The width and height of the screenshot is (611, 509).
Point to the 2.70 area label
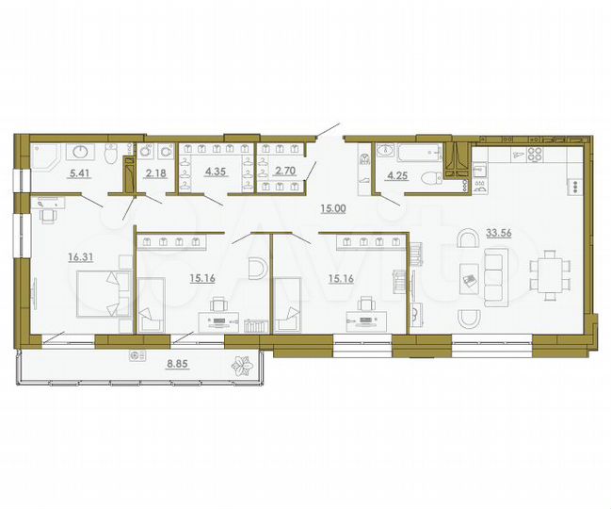coord(285,172)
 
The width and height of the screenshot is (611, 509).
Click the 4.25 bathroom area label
coord(394,172)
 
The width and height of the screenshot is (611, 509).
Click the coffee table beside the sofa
coord(470,278)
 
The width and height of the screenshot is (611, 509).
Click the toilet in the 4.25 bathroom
coord(428,177)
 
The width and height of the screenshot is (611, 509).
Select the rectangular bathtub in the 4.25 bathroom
coord(406,152)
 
